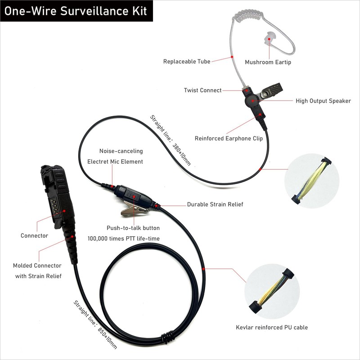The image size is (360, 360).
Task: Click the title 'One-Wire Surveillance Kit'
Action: point(76,11)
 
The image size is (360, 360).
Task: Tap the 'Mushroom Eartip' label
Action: point(268,62)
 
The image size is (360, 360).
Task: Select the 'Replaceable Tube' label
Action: point(186,61)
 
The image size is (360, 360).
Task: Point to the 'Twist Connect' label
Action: point(202,90)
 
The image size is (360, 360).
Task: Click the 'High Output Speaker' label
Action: point(323,101)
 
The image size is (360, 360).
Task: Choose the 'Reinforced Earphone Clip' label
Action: point(229,139)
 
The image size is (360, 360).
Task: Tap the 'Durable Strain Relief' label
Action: point(215,204)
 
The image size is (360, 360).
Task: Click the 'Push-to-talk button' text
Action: point(133,228)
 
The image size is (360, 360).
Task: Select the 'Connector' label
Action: point(34,235)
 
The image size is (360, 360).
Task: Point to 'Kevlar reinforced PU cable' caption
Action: point(272,328)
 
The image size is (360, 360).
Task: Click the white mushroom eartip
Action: point(271,39)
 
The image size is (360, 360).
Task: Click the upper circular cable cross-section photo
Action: point(310,180)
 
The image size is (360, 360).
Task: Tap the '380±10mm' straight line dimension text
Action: point(171,140)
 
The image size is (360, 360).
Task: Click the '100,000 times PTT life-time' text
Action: point(123,238)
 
